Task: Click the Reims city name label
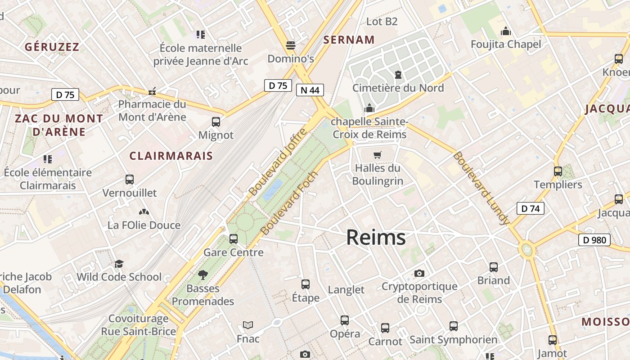pos(376,237)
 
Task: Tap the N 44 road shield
pos(310,90)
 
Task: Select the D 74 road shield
pos(530,208)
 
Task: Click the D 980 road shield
pos(594,240)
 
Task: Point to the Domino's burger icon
pos(291,45)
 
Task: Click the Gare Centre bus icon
pos(233,239)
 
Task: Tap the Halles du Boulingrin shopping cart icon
pos(377,155)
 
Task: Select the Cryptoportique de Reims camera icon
pos(419,273)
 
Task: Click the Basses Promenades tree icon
pos(203,274)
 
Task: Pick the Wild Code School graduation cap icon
pos(119,264)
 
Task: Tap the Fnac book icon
pos(248,325)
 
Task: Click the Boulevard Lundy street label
pos(481,188)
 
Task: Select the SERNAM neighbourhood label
pos(349,40)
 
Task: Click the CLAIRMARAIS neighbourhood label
pos(171,156)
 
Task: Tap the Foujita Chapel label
pos(506,44)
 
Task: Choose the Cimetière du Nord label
pos(398,88)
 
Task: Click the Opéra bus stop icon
pos(345,320)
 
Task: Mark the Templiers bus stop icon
pos(558,171)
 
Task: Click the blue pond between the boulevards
pos(273,189)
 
